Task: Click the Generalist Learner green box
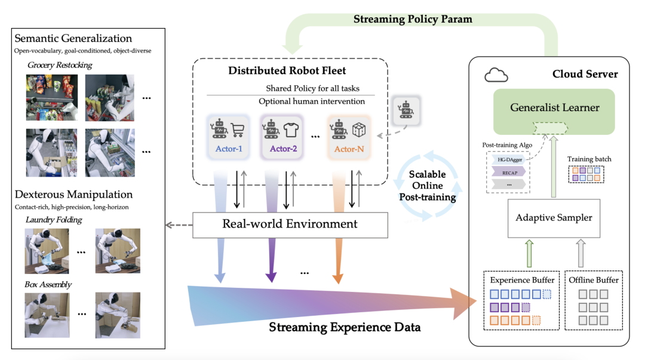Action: (x=555, y=108)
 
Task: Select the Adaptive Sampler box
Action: (x=554, y=218)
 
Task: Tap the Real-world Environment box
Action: (x=290, y=224)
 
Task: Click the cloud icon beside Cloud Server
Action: (x=496, y=75)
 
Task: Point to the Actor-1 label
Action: (x=223, y=149)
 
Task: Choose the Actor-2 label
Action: (x=283, y=149)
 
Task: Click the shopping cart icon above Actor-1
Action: (x=238, y=130)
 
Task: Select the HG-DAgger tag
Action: (x=505, y=159)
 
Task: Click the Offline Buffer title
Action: (x=594, y=279)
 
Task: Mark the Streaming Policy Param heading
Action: (x=413, y=19)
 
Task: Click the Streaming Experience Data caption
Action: (x=345, y=327)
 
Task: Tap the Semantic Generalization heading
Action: (x=73, y=39)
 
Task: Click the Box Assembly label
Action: (x=48, y=284)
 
